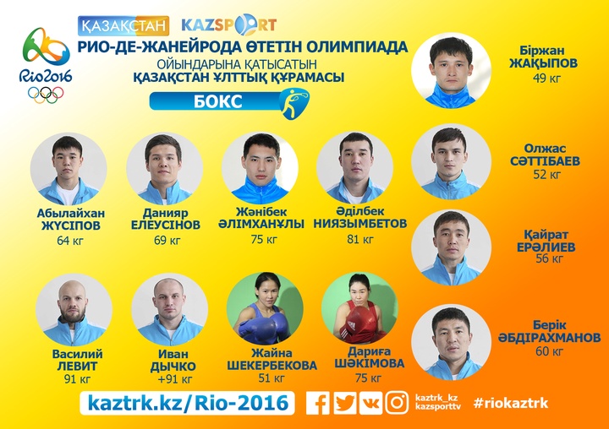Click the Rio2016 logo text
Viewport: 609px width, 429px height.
(x=46, y=75)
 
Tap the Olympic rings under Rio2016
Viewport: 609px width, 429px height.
(x=46, y=95)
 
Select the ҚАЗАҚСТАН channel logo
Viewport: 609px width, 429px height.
(x=123, y=25)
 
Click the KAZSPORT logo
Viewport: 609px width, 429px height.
(x=229, y=24)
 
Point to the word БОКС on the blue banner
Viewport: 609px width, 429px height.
(x=218, y=101)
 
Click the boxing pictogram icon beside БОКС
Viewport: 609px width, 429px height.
(x=295, y=104)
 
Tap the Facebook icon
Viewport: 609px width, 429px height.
(x=318, y=403)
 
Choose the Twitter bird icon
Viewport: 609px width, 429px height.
(x=345, y=403)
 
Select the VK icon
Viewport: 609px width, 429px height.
(x=371, y=403)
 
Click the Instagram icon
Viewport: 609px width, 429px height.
(x=397, y=403)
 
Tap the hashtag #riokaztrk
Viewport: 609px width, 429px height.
(x=511, y=403)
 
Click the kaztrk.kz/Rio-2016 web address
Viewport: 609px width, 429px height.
(x=188, y=403)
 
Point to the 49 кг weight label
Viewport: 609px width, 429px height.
(x=547, y=78)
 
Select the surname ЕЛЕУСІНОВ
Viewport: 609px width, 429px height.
(x=166, y=225)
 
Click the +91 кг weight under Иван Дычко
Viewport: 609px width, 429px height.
(x=175, y=379)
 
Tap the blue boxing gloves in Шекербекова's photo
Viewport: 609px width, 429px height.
(x=263, y=324)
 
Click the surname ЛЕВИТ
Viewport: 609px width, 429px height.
(x=77, y=366)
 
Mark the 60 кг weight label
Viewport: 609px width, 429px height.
(x=549, y=351)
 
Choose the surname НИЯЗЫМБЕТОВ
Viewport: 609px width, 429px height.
(x=360, y=224)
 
